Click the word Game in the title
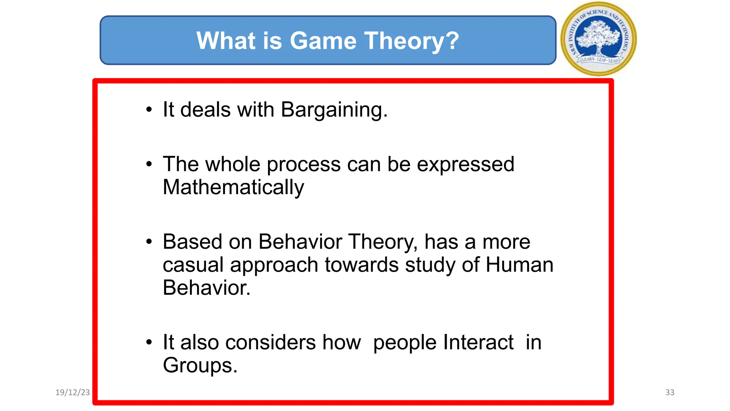pos(323,41)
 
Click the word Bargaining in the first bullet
pos(334,110)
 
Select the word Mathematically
pos(233,187)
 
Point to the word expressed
pos(466,164)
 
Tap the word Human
pos(519,265)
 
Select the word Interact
pos(478,342)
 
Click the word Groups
pos(200,365)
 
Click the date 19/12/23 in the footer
pos(73,392)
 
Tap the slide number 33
pos(670,392)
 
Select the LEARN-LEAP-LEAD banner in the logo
pos(600,60)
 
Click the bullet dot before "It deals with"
pos(149,110)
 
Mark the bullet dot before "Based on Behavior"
pos(149,242)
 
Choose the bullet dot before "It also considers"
pos(149,342)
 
